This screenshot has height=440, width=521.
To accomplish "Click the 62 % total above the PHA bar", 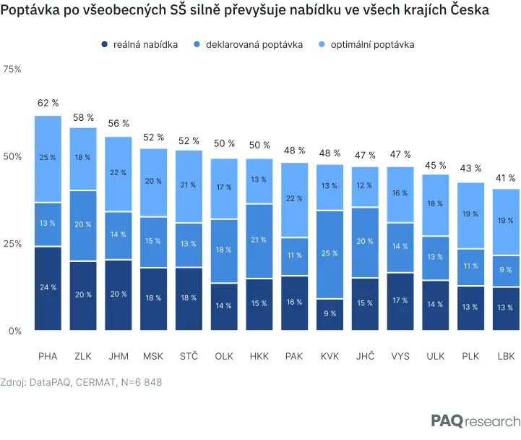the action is [48, 103].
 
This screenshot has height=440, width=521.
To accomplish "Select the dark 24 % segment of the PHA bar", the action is [48, 289].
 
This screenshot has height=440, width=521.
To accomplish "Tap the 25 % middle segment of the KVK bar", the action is [330, 255].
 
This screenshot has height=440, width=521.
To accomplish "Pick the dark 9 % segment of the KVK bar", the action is [330, 315].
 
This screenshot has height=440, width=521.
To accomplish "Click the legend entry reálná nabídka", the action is [139, 45].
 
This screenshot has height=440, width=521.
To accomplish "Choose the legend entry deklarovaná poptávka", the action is [248, 45].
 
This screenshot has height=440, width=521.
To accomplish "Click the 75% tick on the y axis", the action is [12, 69].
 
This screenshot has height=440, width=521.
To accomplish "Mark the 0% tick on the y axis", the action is [15, 331].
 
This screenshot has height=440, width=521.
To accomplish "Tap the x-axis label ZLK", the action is [82, 357].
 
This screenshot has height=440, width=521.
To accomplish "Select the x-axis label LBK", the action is [506, 357].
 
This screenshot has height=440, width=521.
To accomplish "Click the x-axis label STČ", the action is [189, 356].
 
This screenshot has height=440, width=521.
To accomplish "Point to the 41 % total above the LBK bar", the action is [505, 178].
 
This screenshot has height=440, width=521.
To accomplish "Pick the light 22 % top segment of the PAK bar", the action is [294, 200].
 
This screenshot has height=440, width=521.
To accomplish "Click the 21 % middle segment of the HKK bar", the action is [259, 241].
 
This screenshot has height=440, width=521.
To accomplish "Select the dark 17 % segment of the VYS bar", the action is [400, 302].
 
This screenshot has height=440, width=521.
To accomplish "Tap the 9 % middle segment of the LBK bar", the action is [506, 271].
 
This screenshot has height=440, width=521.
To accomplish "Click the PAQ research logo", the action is [475, 420].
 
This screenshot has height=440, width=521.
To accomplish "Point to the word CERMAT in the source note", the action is [95, 382].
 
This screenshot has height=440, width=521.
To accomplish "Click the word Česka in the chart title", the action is [470, 9].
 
